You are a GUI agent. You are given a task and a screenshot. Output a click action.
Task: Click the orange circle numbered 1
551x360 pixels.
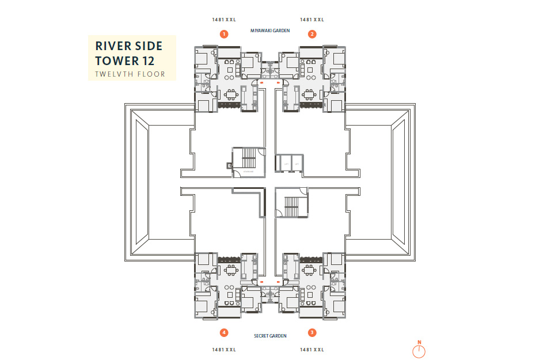coord(223,34)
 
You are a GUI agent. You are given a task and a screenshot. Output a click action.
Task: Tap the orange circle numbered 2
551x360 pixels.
coord(312,34)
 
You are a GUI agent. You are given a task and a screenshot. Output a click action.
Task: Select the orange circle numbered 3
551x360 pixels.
coord(312,332)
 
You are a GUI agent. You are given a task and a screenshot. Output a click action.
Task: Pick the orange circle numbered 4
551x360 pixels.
coord(223,332)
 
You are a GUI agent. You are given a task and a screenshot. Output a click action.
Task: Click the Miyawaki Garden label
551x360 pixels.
coord(270,30)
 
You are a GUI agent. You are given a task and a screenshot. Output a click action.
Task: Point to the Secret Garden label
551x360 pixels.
coord(270,336)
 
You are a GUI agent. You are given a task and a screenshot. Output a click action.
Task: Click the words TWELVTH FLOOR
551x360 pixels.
coord(130,74)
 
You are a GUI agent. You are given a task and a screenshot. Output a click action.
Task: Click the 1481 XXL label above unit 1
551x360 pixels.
coord(223,20)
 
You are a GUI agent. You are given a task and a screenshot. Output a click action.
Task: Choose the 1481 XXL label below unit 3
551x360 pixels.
coord(312,350)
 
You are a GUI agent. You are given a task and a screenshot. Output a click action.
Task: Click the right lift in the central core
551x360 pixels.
coord(297,163)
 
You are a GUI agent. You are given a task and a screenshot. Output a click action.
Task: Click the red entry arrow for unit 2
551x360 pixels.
coord(279,82)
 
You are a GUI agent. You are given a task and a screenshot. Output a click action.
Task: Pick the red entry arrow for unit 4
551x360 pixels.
coord(260,282)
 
